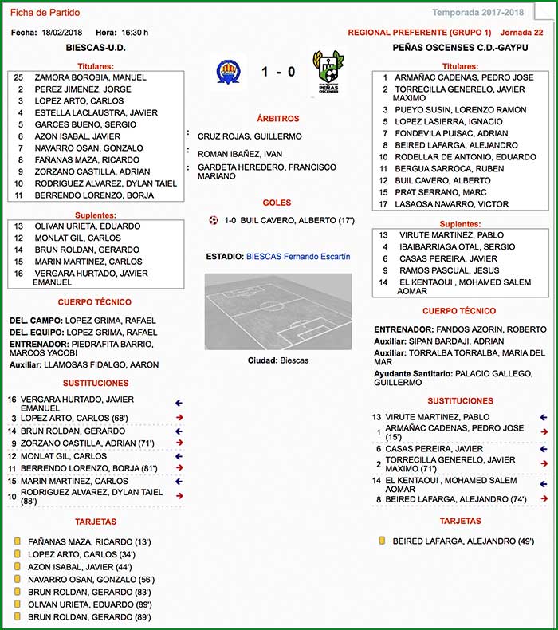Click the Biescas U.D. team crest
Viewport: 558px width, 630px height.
pyautogui.click(x=231, y=72)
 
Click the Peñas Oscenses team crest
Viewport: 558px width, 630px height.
pyautogui.click(x=327, y=72)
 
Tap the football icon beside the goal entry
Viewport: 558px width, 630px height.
pyautogui.click(x=213, y=220)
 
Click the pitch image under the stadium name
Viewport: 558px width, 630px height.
pyautogui.click(x=277, y=311)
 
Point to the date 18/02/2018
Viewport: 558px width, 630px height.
pyautogui.click(x=62, y=33)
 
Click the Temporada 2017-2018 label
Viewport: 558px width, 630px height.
pyautogui.click(x=477, y=13)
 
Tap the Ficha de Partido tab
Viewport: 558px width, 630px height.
pyautogui.click(x=45, y=13)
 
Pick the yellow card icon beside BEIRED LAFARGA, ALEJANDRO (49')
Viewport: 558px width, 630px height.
pyautogui.click(x=382, y=541)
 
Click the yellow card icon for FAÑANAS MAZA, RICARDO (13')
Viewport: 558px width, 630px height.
pyautogui.click(x=16, y=541)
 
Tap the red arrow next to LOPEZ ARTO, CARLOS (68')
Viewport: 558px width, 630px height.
pyautogui.click(x=179, y=418)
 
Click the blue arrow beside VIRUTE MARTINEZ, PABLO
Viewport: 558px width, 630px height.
pyautogui.click(x=544, y=417)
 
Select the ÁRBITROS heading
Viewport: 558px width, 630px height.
pyautogui.click(x=277, y=118)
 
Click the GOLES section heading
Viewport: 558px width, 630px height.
pyautogui.click(x=277, y=203)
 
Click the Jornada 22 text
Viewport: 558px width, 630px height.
pyautogui.click(x=521, y=33)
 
